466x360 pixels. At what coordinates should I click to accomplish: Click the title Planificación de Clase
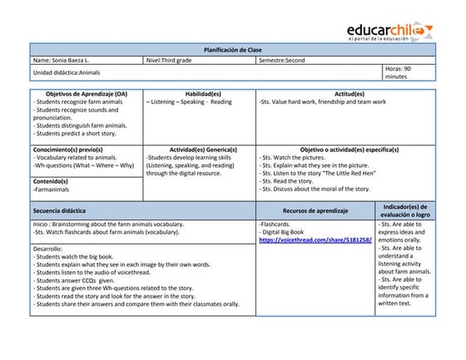tap(232, 50)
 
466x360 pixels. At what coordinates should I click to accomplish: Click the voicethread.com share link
tap(315, 239)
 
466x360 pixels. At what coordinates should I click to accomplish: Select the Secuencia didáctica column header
tap(59, 211)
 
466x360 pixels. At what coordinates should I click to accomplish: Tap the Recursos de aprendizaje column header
tap(315, 211)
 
